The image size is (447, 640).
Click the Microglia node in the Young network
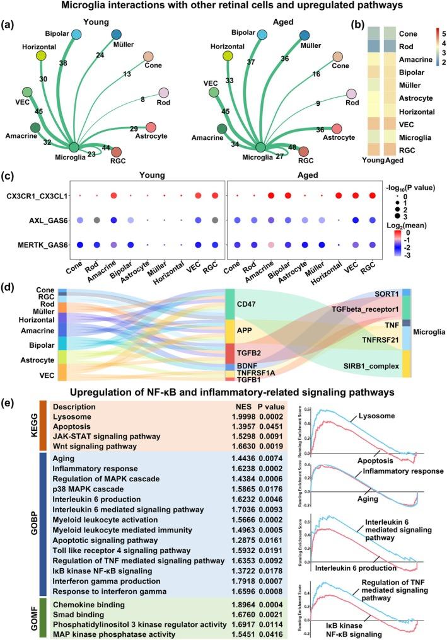[74, 147]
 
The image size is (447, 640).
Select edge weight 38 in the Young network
[63, 63]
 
